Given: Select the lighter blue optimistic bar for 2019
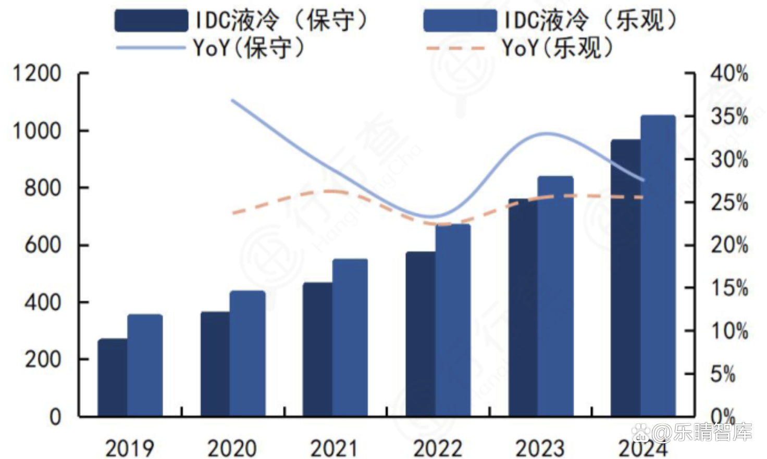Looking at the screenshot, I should coord(145,365).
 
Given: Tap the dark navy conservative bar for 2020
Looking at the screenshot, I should coord(215,364).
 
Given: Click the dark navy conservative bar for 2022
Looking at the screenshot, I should coord(420,334).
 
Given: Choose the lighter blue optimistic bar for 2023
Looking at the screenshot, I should coord(555,296).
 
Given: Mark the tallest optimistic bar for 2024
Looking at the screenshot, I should coord(658,265).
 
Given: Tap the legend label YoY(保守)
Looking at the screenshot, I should coord(249,48).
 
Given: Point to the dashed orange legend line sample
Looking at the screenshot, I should coord(455,48).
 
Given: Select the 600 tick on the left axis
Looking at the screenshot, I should coord(43,245).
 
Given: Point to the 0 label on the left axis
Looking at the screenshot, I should coord(55,416).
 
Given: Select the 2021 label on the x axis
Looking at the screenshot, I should coord(334,448).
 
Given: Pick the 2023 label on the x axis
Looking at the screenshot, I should coord(540,448).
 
